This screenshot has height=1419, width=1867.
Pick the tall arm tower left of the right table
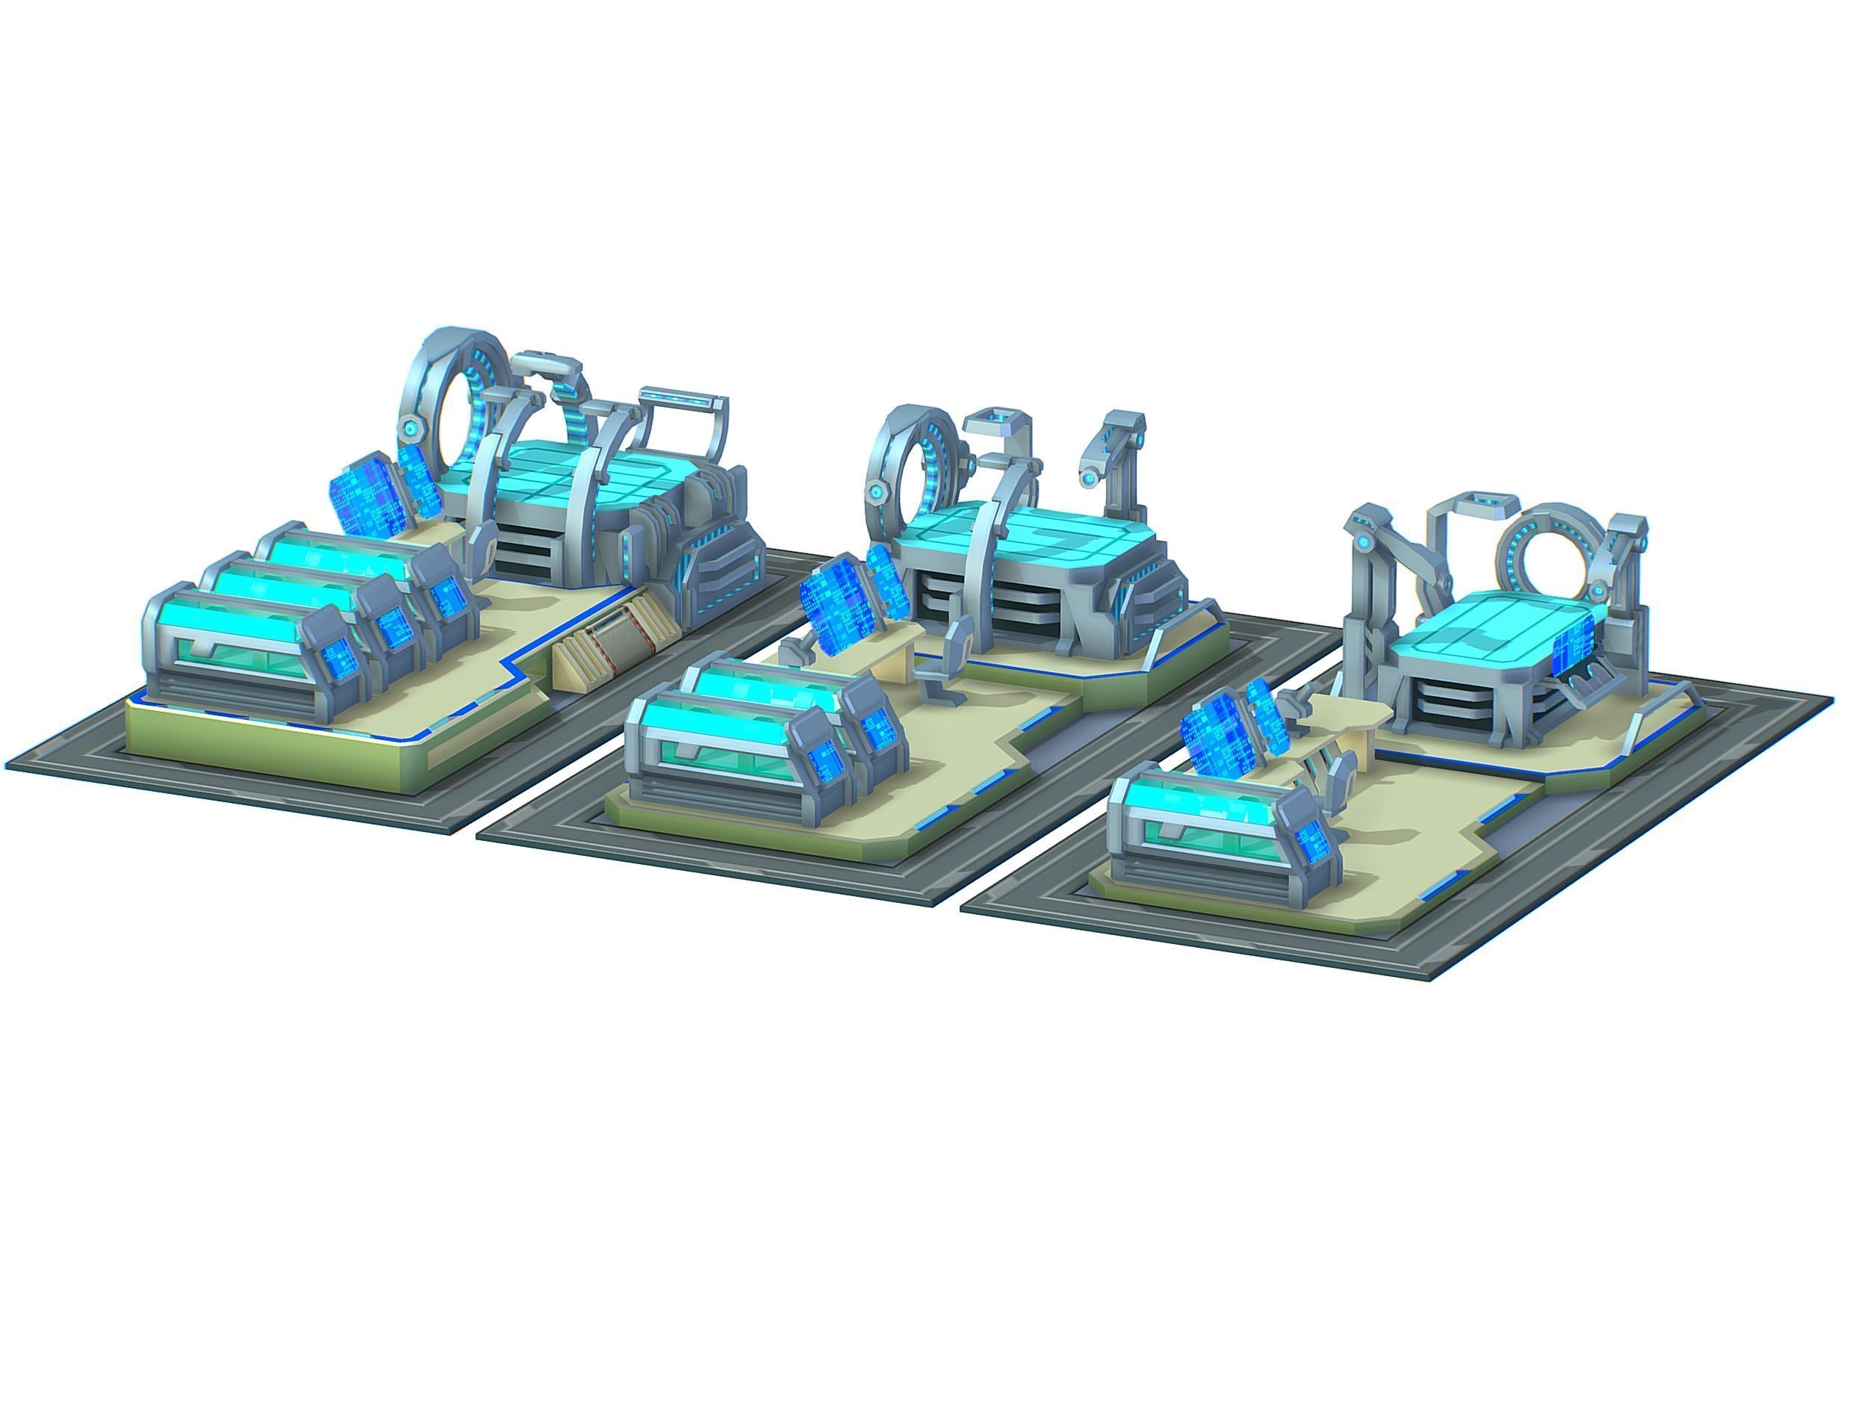pos(1368,591)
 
